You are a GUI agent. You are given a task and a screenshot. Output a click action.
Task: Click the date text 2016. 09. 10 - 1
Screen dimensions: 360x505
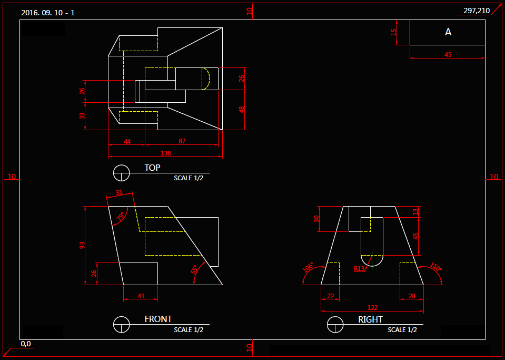click(x=48, y=13)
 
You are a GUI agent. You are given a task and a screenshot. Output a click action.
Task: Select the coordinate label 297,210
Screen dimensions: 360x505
click(x=476, y=11)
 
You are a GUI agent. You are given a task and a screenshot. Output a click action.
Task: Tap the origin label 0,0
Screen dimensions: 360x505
click(x=26, y=344)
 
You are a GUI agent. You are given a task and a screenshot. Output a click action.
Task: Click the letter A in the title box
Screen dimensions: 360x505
click(x=448, y=32)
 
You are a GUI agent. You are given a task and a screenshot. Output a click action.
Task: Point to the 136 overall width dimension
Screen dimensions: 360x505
click(x=165, y=153)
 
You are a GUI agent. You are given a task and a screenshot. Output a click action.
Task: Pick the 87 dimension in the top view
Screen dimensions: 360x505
click(x=182, y=141)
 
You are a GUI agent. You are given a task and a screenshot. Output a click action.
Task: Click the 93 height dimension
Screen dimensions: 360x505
click(x=82, y=245)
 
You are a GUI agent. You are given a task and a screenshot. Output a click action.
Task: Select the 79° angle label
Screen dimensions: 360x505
click(x=121, y=217)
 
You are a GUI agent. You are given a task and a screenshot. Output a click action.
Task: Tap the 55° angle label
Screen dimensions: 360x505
click(x=194, y=269)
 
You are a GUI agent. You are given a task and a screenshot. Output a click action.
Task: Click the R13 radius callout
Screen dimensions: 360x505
click(x=359, y=269)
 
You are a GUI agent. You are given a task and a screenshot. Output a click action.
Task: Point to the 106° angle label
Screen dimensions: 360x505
click(x=308, y=267)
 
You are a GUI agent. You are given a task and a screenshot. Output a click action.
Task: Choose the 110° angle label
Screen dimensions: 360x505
click(x=436, y=267)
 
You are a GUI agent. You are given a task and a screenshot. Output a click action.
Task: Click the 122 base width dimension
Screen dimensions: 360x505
click(x=372, y=308)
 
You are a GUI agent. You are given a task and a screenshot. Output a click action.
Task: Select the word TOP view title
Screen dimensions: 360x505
click(x=152, y=168)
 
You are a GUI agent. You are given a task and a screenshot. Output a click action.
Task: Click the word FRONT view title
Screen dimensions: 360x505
click(x=158, y=319)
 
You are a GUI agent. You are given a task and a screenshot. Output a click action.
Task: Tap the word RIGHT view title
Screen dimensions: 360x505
click(x=370, y=319)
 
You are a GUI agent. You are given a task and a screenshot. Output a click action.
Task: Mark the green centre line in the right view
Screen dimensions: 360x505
click(x=372, y=260)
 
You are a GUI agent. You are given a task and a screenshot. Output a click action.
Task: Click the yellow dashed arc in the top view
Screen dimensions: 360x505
click(x=206, y=79)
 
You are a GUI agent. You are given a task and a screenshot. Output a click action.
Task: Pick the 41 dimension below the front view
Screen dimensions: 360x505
click(x=141, y=296)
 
